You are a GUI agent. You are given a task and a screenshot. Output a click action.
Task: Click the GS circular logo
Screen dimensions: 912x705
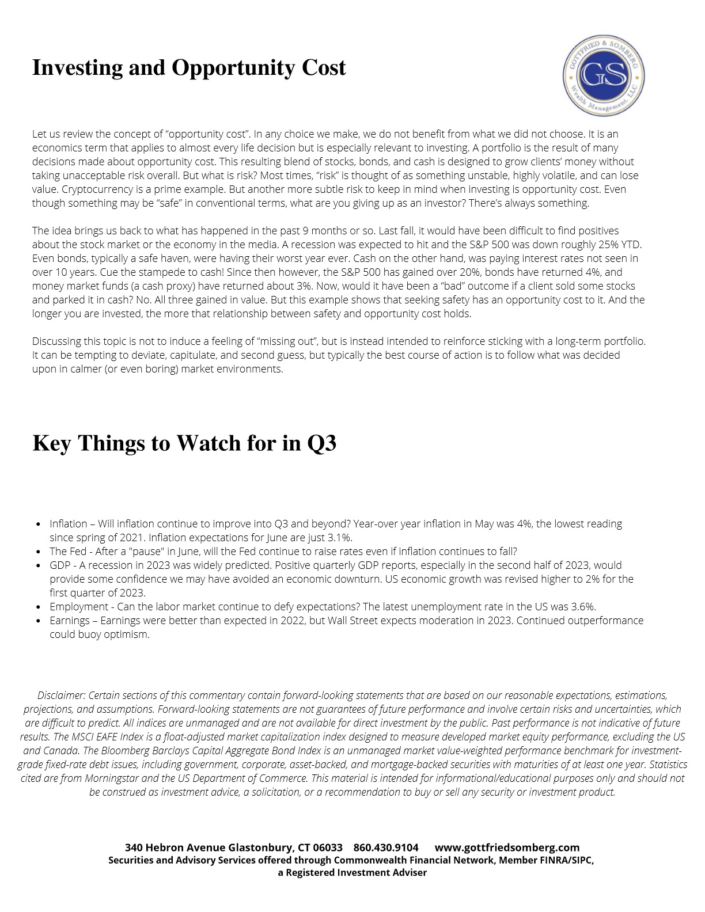click(603, 75)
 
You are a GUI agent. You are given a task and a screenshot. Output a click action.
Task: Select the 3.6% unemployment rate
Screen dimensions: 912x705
click(583, 607)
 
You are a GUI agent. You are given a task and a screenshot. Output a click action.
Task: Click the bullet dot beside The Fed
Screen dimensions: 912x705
click(38, 552)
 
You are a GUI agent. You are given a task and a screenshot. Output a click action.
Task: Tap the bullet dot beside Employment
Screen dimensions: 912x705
click(38, 607)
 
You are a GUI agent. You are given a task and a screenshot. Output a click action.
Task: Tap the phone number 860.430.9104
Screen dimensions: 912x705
click(386, 848)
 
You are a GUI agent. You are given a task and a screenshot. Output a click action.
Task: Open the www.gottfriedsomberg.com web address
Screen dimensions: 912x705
click(507, 848)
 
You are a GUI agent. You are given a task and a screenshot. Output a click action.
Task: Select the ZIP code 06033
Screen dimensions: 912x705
click(327, 848)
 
